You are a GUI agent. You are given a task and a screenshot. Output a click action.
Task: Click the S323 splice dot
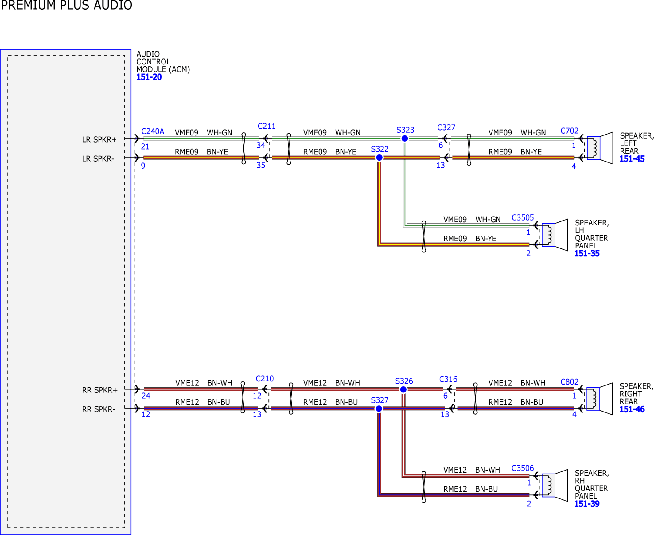(405, 139)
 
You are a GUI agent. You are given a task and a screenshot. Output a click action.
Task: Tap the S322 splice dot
(380, 158)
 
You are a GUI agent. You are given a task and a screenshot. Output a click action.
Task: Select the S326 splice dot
(403, 389)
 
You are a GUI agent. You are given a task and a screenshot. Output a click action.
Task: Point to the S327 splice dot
(379, 409)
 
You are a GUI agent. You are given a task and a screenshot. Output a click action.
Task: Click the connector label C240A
(153, 131)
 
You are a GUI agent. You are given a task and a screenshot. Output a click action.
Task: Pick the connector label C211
(267, 126)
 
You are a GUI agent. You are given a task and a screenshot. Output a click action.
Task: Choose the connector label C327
(446, 127)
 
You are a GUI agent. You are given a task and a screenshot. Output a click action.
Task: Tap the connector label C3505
(523, 217)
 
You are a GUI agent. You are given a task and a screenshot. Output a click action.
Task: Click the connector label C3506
(523, 468)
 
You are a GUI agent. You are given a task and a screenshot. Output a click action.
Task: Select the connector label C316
(448, 379)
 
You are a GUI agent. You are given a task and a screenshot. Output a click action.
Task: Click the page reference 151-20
(149, 77)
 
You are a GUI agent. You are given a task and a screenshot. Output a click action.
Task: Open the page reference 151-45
(632, 159)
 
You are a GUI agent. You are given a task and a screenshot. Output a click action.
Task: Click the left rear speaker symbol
(600, 148)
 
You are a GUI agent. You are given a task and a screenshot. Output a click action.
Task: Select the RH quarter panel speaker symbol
(555, 485)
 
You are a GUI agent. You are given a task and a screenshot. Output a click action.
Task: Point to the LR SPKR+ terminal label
(99, 140)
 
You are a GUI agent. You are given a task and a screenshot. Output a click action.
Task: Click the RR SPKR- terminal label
(99, 409)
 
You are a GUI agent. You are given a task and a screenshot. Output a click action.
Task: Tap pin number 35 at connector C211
(261, 166)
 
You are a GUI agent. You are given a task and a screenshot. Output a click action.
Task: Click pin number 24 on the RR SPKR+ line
(146, 396)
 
